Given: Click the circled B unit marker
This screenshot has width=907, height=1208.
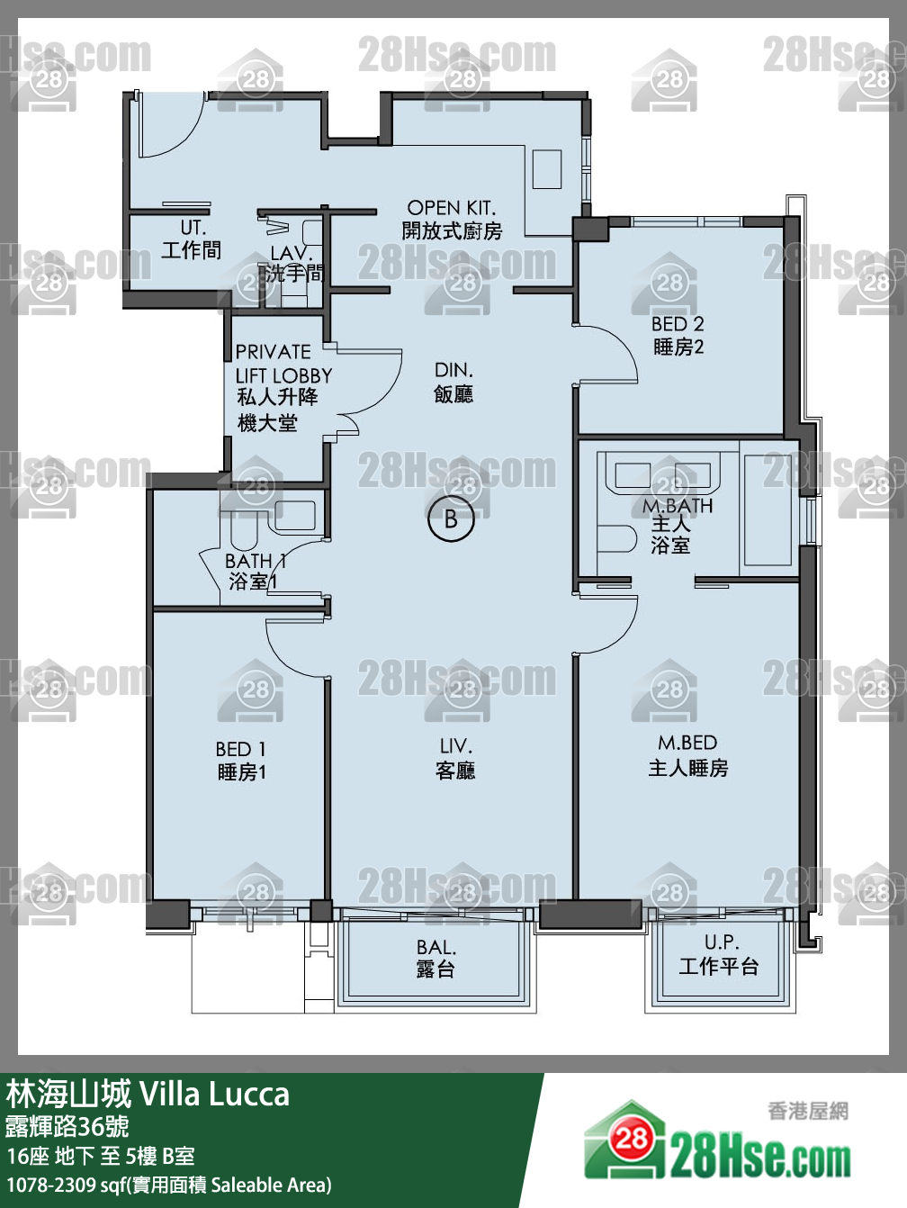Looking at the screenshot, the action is click(x=451, y=519).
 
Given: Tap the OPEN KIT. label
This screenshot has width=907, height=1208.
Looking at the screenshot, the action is click(x=451, y=207).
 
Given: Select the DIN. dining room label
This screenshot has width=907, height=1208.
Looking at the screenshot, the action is click(x=453, y=370).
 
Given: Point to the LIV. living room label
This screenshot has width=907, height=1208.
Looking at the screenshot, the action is click(x=456, y=746).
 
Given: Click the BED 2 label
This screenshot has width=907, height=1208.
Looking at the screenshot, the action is click(x=678, y=323).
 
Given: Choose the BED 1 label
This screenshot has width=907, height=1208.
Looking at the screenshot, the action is click(x=241, y=749).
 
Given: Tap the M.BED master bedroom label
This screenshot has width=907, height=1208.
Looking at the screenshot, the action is click(x=687, y=743).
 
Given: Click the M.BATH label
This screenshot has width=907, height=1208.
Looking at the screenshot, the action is click(x=678, y=506).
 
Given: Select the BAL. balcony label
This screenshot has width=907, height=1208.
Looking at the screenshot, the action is click(x=436, y=947).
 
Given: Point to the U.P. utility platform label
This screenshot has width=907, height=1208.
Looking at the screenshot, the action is click(x=722, y=942).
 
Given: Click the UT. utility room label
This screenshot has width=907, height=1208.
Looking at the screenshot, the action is click(x=193, y=228).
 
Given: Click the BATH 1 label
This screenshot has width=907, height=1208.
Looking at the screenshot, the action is click(x=256, y=561).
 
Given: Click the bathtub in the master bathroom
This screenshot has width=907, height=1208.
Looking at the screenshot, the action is click(x=768, y=509).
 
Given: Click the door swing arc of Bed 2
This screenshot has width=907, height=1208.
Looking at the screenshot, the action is click(x=622, y=340).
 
